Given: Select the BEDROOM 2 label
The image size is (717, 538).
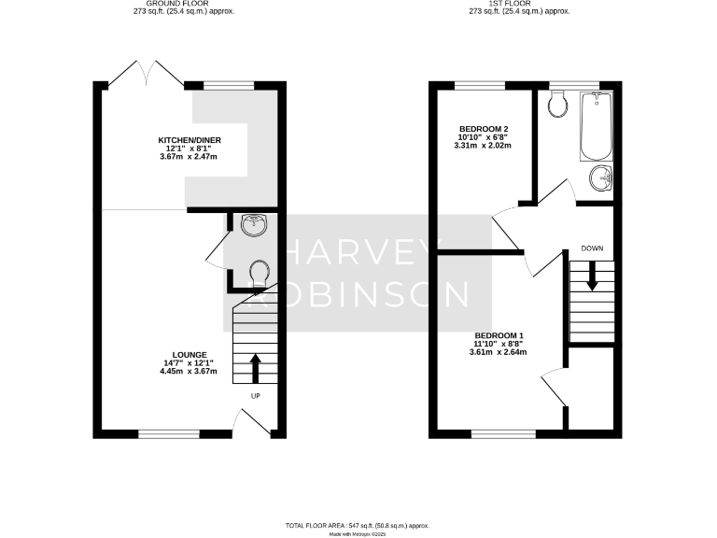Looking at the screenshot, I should (x=484, y=128).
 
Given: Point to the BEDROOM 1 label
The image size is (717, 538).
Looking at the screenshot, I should (x=499, y=335).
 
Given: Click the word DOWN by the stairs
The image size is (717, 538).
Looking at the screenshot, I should (x=591, y=248).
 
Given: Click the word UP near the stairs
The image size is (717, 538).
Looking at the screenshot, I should (x=254, y=396).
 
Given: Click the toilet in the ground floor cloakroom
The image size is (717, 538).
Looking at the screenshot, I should (x=260, y=273).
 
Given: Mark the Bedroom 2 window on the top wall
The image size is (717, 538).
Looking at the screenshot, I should (x=481, y=85).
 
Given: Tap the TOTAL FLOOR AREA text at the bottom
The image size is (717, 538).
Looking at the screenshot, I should (x=358, y=527).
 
